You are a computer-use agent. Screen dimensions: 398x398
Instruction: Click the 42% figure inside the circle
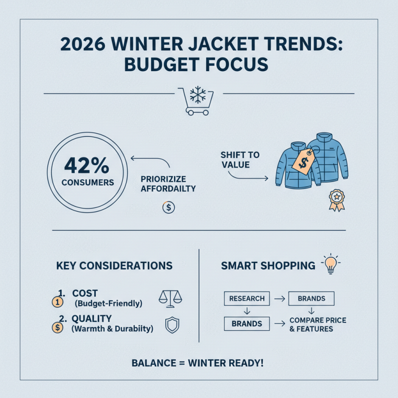pyautogui.click(x=88, y=165)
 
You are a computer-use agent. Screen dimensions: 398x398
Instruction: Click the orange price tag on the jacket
pyautogui.click(x=302, y=160)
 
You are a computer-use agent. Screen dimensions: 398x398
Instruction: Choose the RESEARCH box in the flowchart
pyautogui.click(x=247, y=298)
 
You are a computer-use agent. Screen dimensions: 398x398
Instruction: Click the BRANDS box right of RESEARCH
pyautogui.click(x=311, y=298)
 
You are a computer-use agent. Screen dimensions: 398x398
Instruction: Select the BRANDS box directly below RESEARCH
pyautogui.click(x=247, y=323)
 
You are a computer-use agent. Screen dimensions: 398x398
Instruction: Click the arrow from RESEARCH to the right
pyautogui.click(x=280, y=298)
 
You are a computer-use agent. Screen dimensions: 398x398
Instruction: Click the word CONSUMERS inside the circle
pyautogui.click(x=88, y=183)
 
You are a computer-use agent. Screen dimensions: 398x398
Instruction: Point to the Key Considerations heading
pyautogui.click(x=114, y=266)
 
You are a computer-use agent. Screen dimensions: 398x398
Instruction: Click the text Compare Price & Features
pyautogui.click(x=317, y=324)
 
